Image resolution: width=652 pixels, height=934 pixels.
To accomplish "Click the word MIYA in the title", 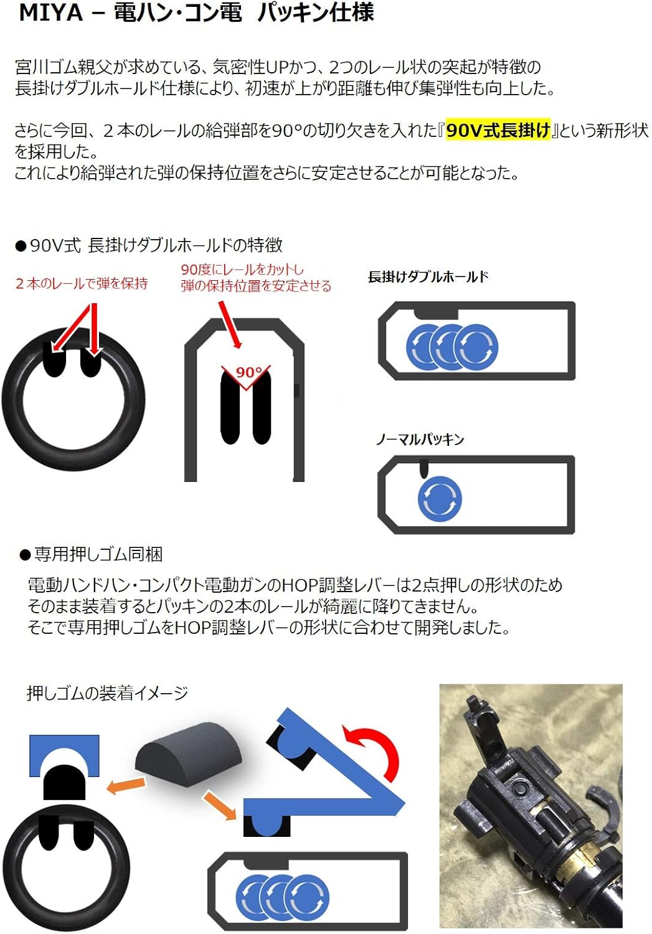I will click(51, 12).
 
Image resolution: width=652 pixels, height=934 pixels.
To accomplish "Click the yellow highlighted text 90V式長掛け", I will click(498, 130).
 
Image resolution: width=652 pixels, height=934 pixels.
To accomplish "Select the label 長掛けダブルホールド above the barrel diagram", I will click(428, 277).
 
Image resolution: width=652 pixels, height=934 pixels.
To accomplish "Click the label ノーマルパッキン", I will click(420, 440).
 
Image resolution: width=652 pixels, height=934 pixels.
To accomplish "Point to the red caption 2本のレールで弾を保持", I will click(82, 284).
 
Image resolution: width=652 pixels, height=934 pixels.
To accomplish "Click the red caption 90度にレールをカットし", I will click(242, 270).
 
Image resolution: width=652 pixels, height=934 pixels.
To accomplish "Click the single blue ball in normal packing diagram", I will click(440, 499).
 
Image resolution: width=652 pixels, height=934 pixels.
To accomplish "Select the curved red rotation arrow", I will click(374, 750).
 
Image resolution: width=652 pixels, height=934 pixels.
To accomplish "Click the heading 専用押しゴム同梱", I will click(98, 554).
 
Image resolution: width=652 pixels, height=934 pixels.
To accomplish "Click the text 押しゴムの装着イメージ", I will click(107, 693).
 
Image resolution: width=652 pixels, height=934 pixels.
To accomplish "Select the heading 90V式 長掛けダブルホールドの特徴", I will click(156, 245).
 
